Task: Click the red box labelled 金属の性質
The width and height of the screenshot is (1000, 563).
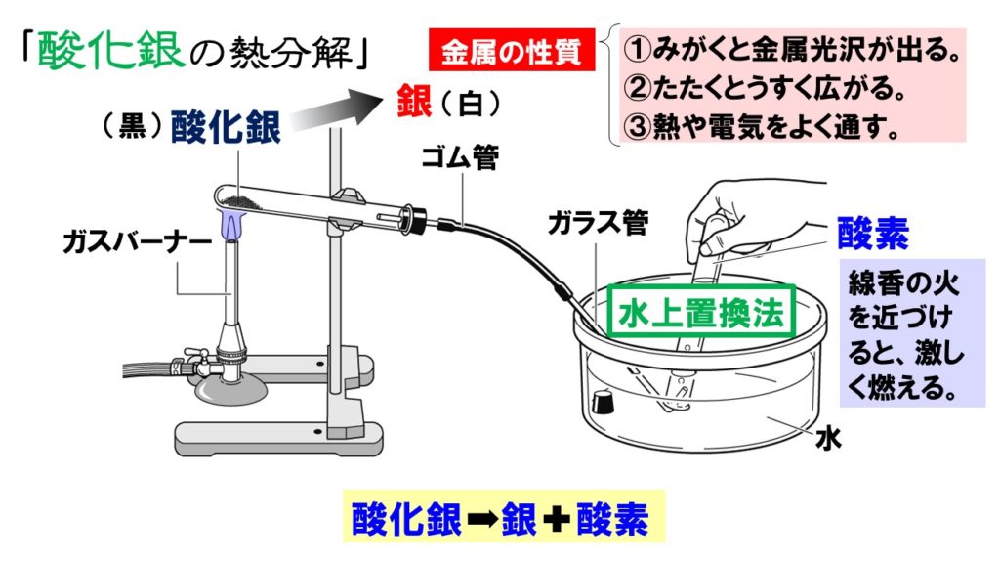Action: (x=512, y=50)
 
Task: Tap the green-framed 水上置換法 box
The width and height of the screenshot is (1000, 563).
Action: (x=701, y=311)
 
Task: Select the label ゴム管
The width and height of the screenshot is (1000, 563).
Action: (x=460, y=157)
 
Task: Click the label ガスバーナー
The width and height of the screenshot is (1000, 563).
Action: (x=137, y=242)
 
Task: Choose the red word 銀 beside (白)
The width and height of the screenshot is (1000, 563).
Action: (x=414, y=102)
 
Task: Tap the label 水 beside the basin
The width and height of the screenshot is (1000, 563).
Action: (x=828, y=439)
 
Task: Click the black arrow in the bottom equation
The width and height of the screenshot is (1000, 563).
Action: (x=481, y=519)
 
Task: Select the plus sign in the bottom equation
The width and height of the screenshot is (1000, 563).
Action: (x=557, y=519)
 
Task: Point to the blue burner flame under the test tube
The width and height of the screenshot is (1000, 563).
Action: (x=232, y=225)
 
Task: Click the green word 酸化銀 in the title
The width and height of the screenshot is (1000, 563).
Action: (x=111, y=49)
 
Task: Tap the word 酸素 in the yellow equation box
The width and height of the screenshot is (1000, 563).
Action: (x=613, y=519)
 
